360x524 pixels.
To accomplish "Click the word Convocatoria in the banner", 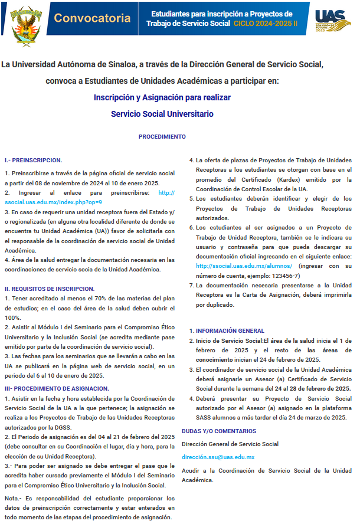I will point(92,18).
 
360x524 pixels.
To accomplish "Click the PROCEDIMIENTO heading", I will point(162,137).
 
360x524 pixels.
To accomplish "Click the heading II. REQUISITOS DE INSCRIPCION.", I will point(49,289).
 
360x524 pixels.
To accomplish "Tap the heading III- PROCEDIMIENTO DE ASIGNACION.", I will point(56,388).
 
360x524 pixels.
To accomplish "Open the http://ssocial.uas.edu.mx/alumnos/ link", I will point(244,266).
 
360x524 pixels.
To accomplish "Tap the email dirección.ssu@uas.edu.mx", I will point(218,457).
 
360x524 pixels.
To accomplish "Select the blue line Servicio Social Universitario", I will point(162,114).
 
